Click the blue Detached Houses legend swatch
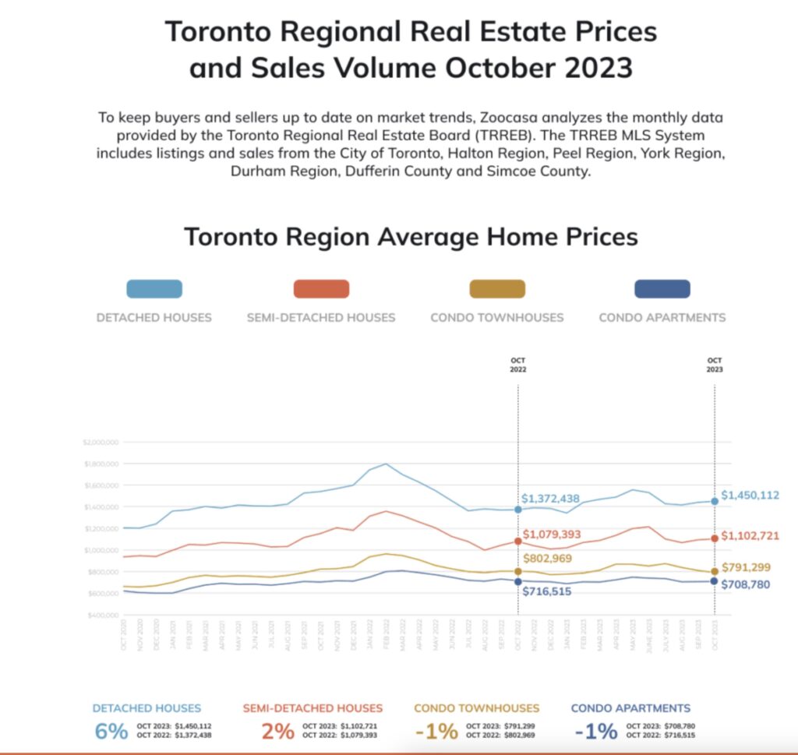pos(154,289)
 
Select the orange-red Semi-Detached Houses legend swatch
pos(321,289)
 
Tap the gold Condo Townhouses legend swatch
pos(496,289)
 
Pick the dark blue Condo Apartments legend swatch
pos(662,289)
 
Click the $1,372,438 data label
pos(550,499)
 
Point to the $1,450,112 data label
pos(750,495)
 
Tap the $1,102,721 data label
pos(750,536)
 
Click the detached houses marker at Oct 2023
pos(715,502)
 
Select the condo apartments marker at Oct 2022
pos(518,582)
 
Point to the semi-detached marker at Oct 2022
pos(518,541)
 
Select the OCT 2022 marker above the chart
pos(518,365)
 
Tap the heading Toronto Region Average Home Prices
pos(411,236)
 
